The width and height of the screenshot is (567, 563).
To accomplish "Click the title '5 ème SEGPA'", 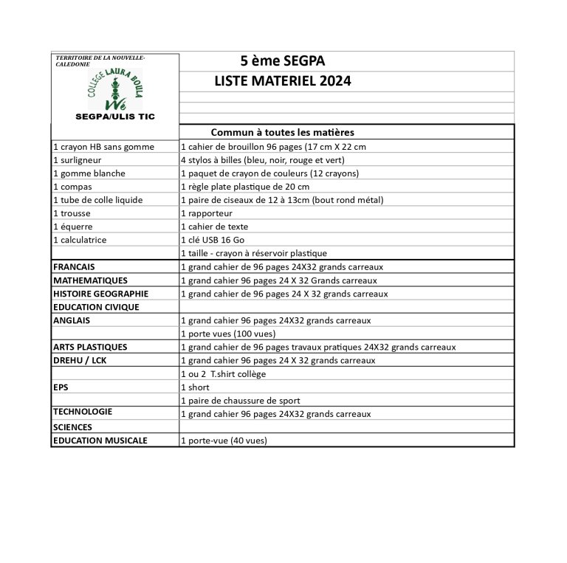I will point(283,61).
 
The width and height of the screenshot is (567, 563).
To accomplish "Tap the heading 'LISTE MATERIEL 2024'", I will point(283,80).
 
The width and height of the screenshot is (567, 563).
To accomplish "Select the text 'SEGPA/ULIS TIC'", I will point(114,117).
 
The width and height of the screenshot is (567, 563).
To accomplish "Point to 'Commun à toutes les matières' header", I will point(283,133).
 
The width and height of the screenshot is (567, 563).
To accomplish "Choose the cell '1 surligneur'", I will point(77,160).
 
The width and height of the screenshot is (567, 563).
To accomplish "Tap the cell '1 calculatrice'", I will point(80,240).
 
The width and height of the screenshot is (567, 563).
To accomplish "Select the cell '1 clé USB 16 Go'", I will point(216,240).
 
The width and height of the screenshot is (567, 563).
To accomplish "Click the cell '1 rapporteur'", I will point(209,213).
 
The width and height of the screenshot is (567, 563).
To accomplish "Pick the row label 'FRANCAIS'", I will point(74,266).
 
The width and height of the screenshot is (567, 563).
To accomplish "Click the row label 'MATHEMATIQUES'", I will point(90,280).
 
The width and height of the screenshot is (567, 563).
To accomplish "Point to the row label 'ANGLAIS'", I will point(72,320).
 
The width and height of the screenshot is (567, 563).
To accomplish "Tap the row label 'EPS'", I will point(61,387).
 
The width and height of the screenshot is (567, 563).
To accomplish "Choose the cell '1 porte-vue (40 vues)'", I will point(224,441).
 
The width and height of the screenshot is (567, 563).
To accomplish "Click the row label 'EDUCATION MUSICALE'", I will point(100,441).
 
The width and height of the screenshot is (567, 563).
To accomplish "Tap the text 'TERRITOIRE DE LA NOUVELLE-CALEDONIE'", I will point(100,61).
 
